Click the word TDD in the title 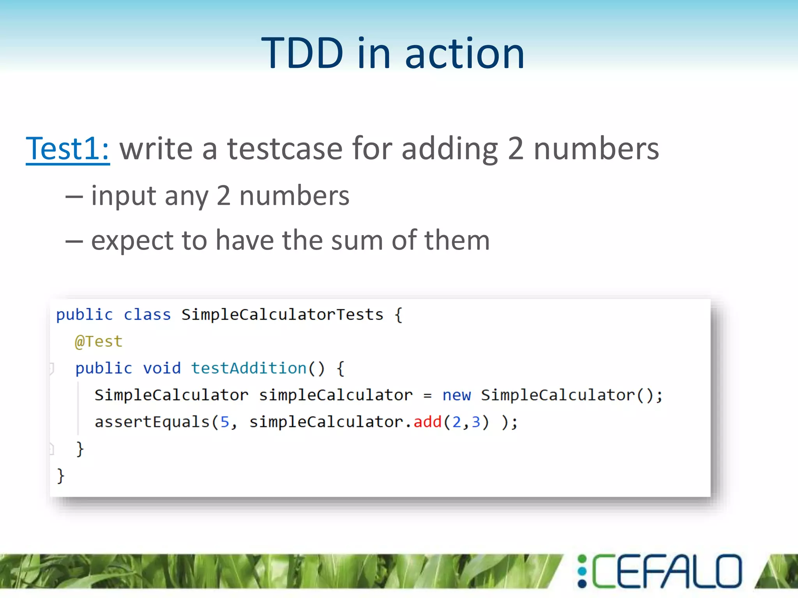coord(302,53)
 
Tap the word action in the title coord(464,53)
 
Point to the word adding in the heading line coord(450,149)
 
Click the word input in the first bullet coord(124,196)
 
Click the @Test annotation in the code coord(99,341)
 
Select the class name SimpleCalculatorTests coord(282,315)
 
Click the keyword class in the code coord(147,315)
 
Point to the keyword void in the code coord(162,368)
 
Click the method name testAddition coord(249,368)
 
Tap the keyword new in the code coord(456,395)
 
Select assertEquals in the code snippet coord(152,422)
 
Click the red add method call coord(427,422)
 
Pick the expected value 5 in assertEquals coord(225,422)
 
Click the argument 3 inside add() coord(476,422)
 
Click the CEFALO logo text coord(666,571)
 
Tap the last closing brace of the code coord(60,476)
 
